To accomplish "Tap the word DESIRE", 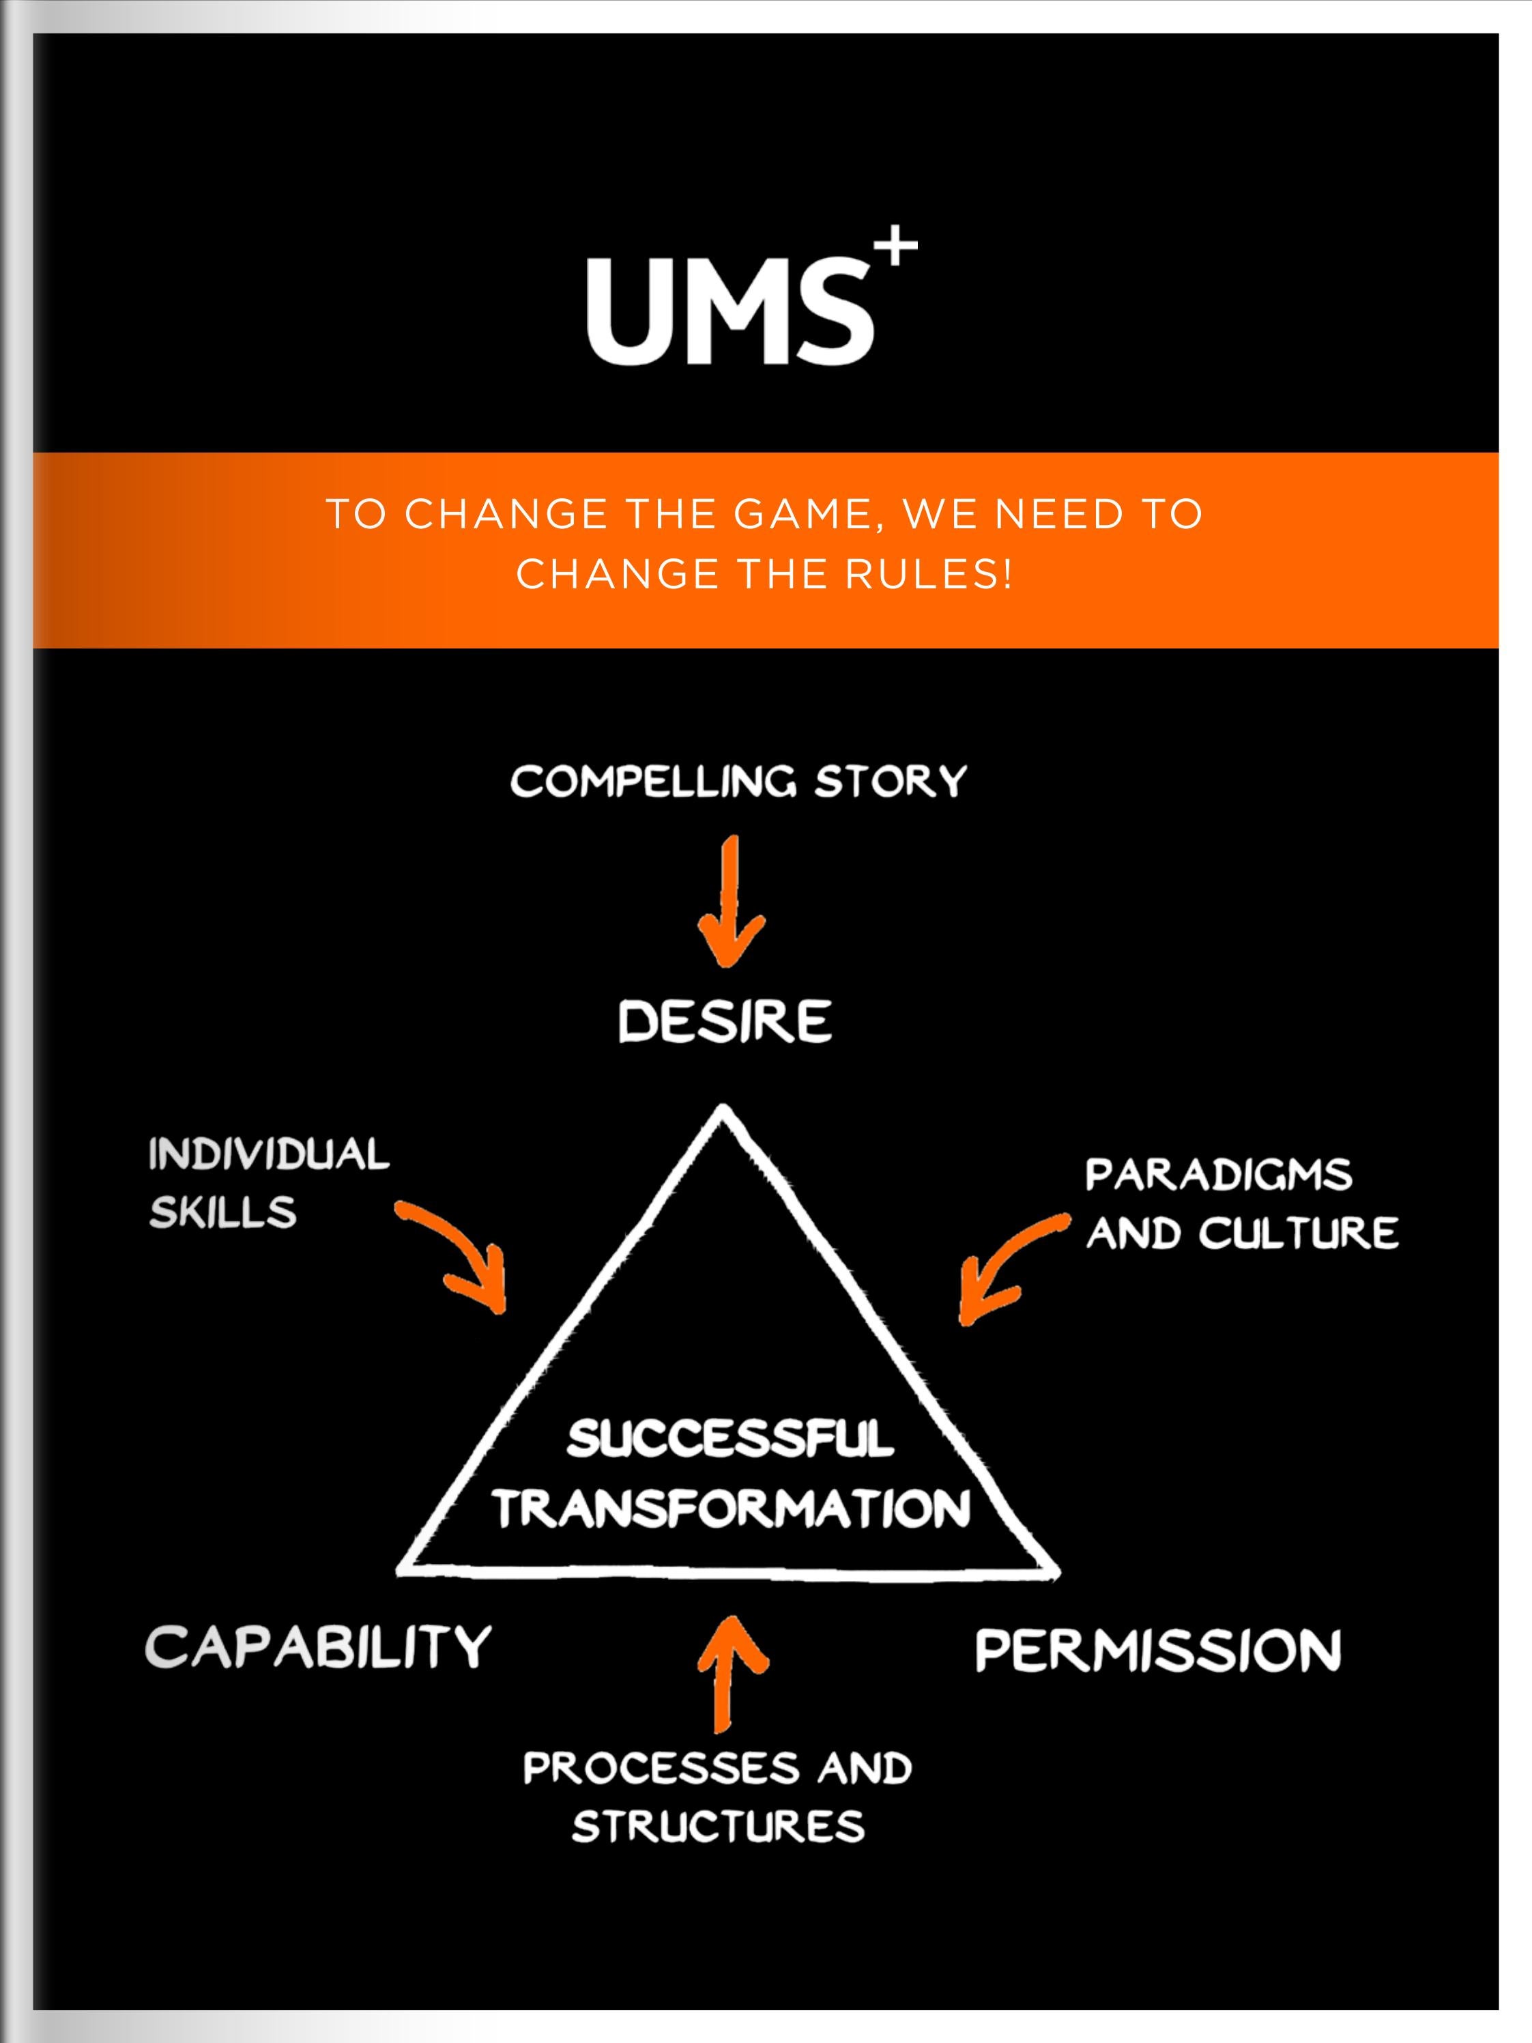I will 725,1023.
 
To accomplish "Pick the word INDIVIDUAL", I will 269,1154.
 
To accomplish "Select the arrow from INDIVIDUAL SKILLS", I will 462,1253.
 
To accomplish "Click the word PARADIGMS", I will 1218,1175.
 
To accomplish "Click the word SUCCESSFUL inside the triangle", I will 729,1439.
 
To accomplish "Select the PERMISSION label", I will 1158,1651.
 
